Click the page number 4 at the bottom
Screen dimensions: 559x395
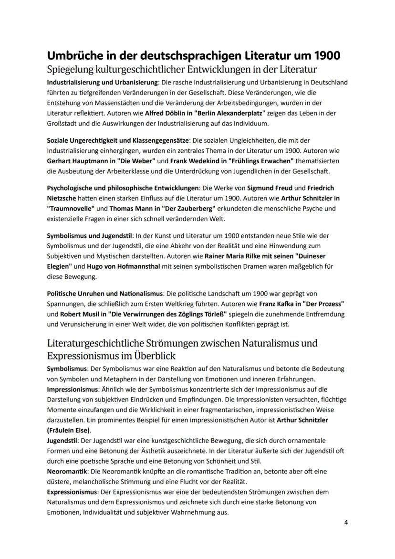(346, 522)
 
